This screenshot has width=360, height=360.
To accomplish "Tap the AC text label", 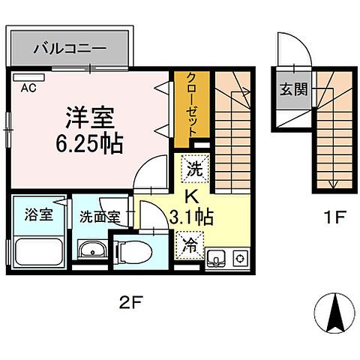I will pyautogui.click(x=28, y=88).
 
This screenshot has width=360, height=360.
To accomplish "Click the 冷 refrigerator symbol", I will pyautogui.click(x=190, y=244).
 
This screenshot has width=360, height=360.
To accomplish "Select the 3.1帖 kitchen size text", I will pyautogui.click(x=192, y=217).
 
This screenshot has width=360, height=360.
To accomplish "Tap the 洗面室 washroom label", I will pyautogui.click(x=100, y=217).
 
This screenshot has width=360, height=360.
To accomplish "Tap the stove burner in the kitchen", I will pyautogui.click(x=241, y=259).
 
